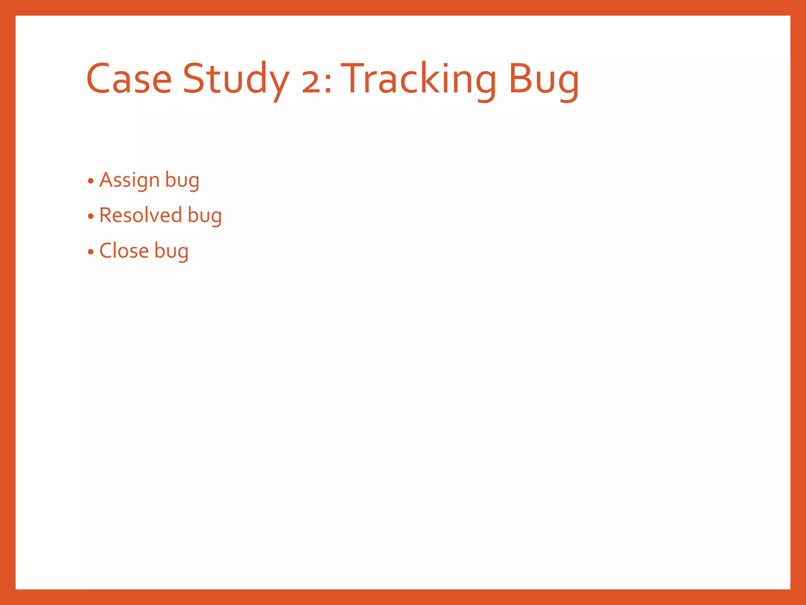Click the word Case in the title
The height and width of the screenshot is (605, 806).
129,79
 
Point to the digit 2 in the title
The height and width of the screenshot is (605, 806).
311,84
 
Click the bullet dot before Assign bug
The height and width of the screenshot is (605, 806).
91,181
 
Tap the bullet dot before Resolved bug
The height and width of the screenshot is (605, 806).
91,216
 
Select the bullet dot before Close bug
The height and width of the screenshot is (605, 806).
91,252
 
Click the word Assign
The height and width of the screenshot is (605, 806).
129,180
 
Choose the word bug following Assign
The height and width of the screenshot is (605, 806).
182,180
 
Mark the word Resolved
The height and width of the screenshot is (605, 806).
140,215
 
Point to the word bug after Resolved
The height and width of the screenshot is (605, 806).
205,216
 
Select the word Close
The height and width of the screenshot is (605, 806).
124,251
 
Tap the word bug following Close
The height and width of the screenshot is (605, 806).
171,251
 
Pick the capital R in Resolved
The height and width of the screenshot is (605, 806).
105,215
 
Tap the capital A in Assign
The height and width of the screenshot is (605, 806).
106,180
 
